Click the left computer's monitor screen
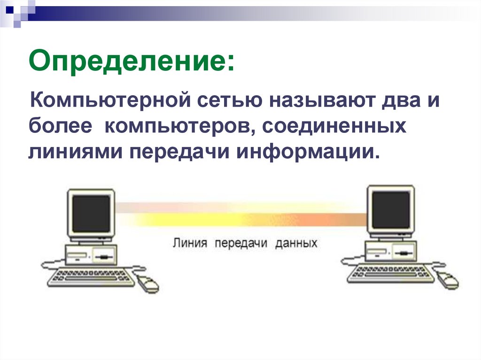pos(91,213)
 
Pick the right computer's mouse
pos(448,281)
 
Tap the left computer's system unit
pos(92,256)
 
